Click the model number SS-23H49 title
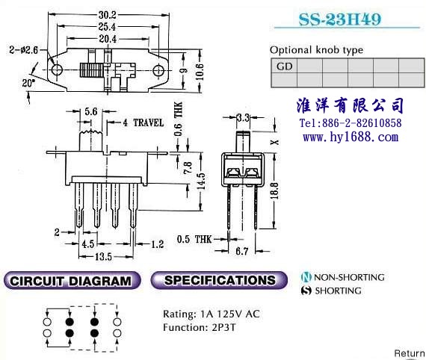tap(340, 19)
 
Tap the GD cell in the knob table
tap(284, 66)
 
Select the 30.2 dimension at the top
tap(108, 15)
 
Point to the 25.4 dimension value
tap(107, 27)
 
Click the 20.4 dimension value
tap(108, 39)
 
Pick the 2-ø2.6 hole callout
tap(24, 50)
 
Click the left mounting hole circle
tap(57, 69)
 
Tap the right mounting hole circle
tap(158, 71)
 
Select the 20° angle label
tap(28, 83)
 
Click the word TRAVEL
tap(149, 122)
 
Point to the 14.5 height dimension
tap(201, 181)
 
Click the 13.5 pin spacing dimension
tap(103, 257)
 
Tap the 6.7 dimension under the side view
tap(241, 251)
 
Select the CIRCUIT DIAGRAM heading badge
tap(71, 280)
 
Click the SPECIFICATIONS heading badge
tap(219, 280)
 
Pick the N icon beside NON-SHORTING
tap(306, 277)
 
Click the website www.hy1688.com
tap(351, 137)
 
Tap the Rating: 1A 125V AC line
tap(212, 314)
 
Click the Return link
tap(410, 353)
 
